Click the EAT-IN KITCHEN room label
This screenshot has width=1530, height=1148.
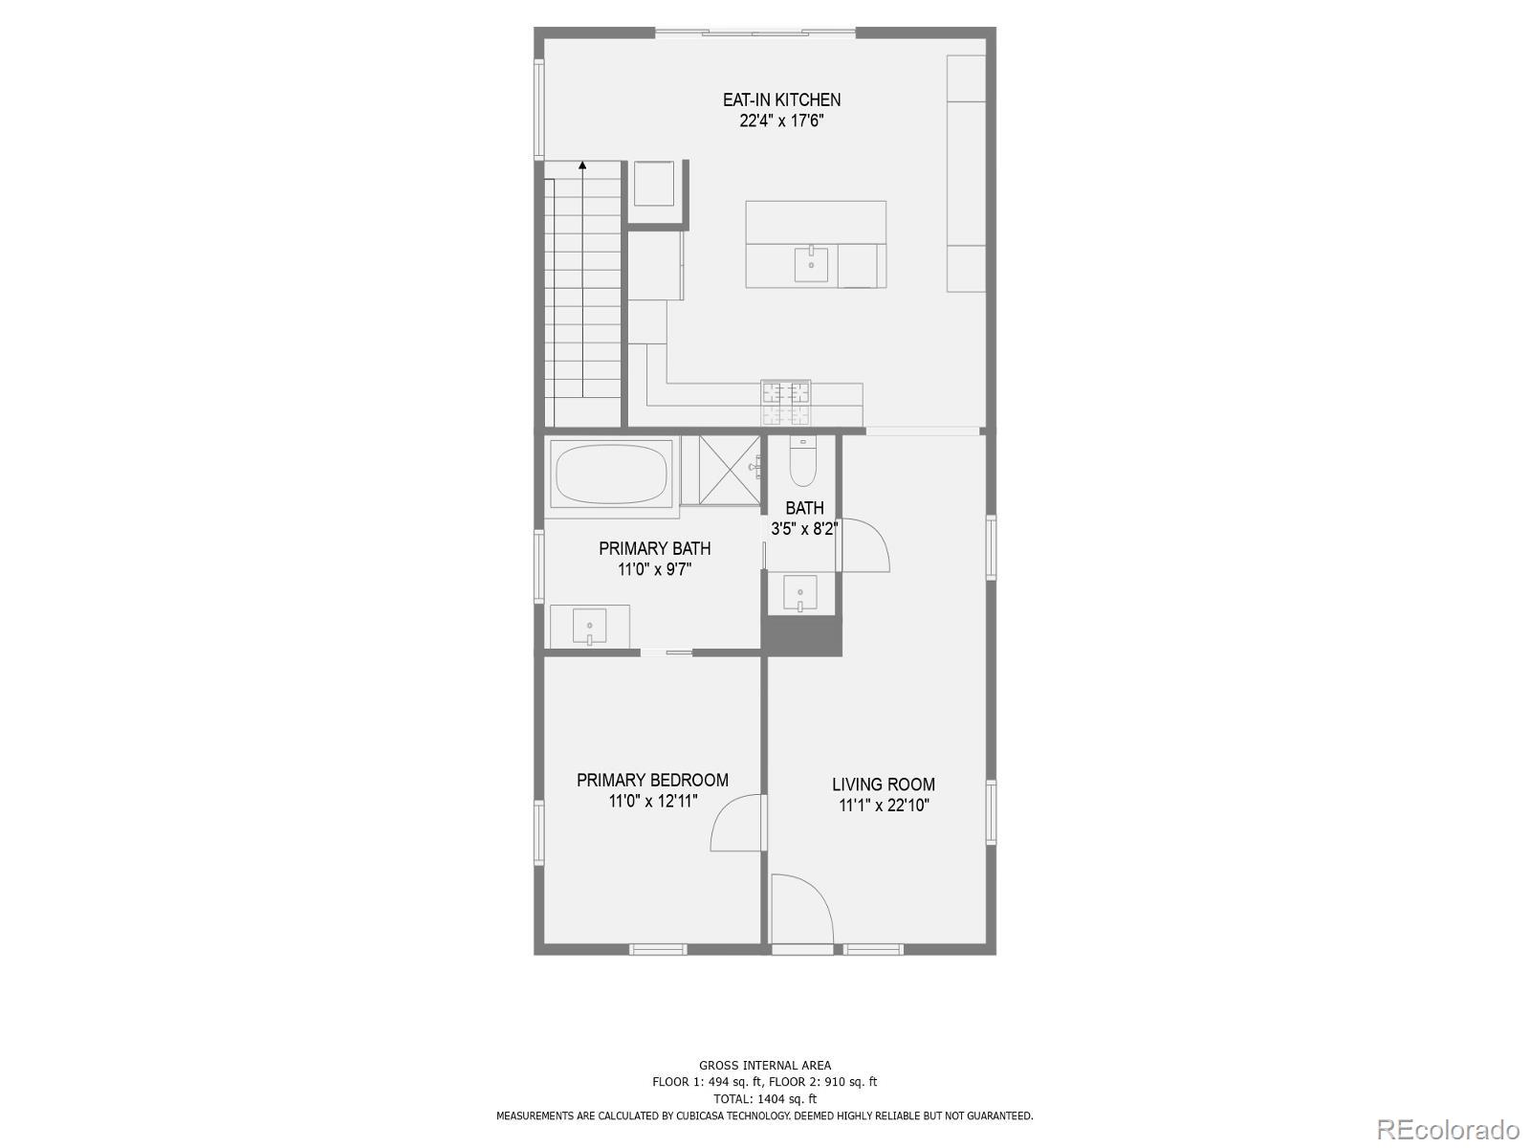781,99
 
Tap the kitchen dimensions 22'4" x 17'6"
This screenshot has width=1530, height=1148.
781,121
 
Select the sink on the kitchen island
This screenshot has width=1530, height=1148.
811,264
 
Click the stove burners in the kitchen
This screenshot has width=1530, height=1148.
785,403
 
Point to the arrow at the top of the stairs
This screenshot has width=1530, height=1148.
582,166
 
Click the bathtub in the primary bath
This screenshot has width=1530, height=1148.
612,473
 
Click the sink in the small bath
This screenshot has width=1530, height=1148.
799,593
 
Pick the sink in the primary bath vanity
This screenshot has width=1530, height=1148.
589,627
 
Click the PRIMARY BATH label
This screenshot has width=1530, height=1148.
655,548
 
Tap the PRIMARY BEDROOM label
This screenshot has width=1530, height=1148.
652,780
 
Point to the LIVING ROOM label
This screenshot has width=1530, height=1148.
884,784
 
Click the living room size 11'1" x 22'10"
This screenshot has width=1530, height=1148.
884,806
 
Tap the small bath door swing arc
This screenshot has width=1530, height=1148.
866,545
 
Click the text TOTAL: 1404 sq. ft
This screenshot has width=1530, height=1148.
765,1099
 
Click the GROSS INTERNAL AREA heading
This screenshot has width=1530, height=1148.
765,1065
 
